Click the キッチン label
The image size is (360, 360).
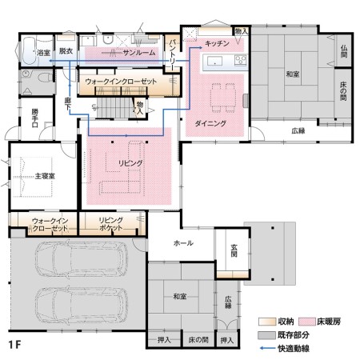pos(217,43)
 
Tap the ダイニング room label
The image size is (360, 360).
pos(210,123)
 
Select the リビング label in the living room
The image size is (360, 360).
pos(130,163)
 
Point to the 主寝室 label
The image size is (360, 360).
pos(45,176)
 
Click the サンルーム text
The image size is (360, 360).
pos(139,53)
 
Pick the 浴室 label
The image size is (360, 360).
pos(43,53)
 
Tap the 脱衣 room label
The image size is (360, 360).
pos(66,50)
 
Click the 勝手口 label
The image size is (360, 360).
pos(34,118)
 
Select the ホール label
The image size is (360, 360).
pos(183,243)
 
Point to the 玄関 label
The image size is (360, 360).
pos(234,250)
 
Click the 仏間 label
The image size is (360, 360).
pos(344,51)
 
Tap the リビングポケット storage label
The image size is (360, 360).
pos(110,224)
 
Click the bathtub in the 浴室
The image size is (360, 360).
pos(28,50)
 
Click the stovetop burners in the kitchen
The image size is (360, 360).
pos(241,60)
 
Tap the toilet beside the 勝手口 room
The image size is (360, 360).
pos(46,78)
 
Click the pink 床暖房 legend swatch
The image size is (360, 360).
pos(307,322)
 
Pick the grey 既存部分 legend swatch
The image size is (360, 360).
pos(266,335)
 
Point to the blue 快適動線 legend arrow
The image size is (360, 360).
pos(267,348)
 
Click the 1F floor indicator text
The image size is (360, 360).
pos(14,345)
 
